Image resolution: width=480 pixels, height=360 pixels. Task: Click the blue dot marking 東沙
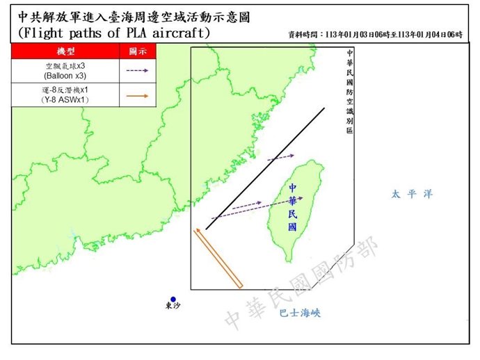tap(173, 300)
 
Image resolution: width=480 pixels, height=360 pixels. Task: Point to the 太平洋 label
tap(411, 195)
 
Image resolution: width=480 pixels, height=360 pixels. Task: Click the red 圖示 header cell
tap(137, 51)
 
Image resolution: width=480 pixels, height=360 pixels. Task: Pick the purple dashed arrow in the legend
tap(137, 71)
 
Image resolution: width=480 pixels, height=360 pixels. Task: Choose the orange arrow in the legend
tap(137, 95)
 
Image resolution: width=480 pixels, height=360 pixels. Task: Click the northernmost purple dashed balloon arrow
tap(280, 157)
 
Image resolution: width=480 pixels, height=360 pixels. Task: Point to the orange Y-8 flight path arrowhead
tap(198, 230)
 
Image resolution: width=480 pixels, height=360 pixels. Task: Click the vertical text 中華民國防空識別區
tap(349, 90)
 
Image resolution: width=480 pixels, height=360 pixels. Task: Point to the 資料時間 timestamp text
tap(375, 34)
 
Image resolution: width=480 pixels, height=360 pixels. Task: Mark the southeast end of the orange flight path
tap(239, 285)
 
